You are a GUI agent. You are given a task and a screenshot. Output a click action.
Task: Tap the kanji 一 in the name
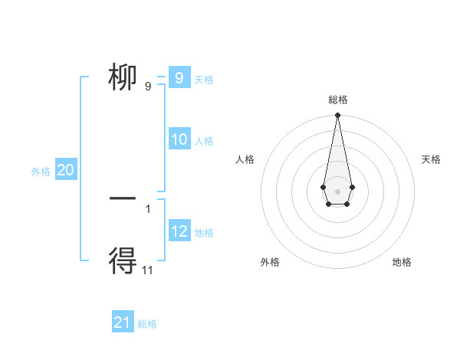[x=123, y=198]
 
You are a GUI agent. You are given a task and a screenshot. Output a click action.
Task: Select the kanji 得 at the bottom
[x=123, y=261]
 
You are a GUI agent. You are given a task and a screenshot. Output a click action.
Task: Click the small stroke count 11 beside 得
[x=148, y=270]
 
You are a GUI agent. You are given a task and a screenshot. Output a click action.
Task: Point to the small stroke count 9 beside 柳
[x=148, y=86]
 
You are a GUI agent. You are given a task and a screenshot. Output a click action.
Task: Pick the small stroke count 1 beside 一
[x=148, y=208]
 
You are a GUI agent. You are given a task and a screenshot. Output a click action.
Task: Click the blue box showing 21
[x=123, y=322]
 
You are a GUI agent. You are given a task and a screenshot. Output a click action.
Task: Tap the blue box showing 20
[x=65, y=170]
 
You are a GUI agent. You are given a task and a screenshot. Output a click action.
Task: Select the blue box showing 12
[x=179, y=231]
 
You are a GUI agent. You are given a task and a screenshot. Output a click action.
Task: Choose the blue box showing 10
[x=179, y=139]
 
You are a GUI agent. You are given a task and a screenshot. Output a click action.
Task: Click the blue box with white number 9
[x=179, y=77]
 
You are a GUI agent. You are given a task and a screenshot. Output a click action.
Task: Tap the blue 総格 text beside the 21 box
[x=147, y=324]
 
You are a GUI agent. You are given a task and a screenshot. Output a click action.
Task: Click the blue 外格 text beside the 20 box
[x=41, y=172]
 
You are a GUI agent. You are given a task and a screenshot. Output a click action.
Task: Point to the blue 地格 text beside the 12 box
[x=204, y=232]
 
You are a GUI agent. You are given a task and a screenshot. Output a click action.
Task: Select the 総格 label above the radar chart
[x=337, y=100]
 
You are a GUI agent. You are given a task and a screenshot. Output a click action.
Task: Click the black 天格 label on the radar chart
[x=431, y=159]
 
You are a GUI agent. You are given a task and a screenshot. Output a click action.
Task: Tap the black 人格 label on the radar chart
[x=245, y=159]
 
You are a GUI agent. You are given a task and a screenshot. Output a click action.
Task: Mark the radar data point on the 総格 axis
[x=337, y=116]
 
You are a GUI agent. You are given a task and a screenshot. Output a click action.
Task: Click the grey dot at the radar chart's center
[x=337, y=191]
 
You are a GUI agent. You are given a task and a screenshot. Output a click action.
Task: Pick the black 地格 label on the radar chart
[x=402, y=262]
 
